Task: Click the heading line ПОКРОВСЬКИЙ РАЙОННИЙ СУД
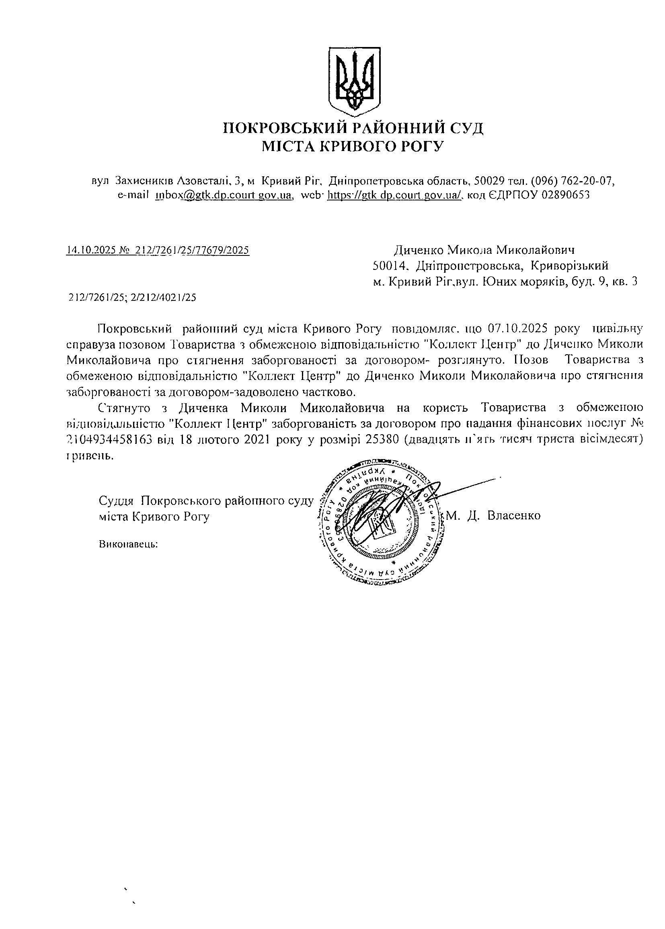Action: point(353,129)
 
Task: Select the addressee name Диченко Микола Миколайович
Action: point(484,250)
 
